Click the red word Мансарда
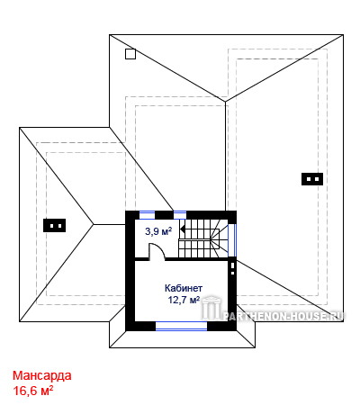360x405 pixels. (42, 375)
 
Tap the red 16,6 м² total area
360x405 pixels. (33, 391)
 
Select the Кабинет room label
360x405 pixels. (184, 288)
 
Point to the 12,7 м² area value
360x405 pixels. (184, 300)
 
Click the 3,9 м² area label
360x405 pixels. (158, 231)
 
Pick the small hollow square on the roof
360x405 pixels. (130, 54)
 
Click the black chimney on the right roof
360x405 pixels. (312, 179)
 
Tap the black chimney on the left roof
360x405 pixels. (54, 225)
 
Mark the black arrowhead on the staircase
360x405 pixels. (182, 229)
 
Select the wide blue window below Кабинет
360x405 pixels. (181, 326)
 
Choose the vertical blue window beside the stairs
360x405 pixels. (232, 240)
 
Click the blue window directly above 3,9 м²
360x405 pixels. (147, 215)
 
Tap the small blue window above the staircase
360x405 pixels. (180, 215)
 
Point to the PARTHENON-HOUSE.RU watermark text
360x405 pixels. (283, 316)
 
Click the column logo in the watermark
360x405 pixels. (211, 308)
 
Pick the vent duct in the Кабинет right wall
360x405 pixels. (232, 269)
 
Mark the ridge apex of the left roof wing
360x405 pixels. (94, 224)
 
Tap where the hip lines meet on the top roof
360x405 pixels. (225, 102)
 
